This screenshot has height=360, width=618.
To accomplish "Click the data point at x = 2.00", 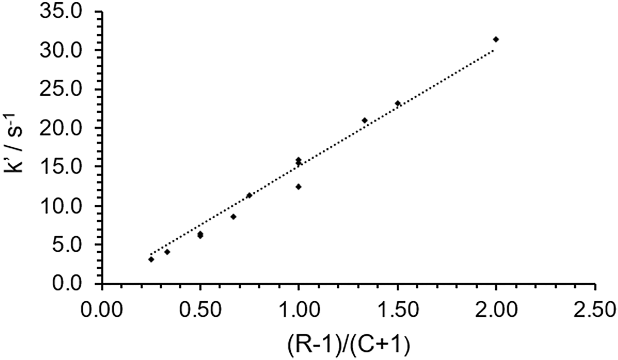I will tap(496, 40).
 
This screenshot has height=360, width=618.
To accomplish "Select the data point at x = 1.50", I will tap(398, 103).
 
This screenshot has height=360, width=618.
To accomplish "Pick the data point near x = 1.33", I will tap(364, 120).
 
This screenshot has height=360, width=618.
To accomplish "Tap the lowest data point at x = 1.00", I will tap(298, 187).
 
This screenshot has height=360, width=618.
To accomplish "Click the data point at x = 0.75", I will tap(249, 195).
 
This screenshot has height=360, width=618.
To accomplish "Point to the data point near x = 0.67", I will tap(233, 217).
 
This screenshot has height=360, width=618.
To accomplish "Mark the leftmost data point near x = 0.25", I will tap(151, 260).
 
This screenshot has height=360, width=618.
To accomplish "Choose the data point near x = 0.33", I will tap(167, 252).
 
